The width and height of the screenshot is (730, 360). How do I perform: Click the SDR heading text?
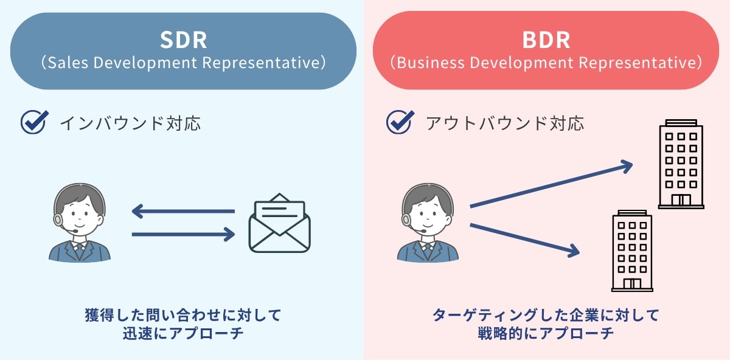pos(183,40)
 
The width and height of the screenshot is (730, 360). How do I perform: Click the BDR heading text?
pos(546,40)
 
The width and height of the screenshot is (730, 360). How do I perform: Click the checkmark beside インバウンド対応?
pos(33,122)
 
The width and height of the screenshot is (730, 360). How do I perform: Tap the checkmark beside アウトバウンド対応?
pos(399,122)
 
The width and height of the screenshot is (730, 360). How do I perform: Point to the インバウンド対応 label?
pos(130,123)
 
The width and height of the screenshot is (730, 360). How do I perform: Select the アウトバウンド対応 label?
pos(504,123)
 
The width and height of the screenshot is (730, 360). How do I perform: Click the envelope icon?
pos(279,223)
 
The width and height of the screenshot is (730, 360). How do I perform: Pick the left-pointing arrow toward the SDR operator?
pos(182,212)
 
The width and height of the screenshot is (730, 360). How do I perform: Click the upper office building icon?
pos(681,164)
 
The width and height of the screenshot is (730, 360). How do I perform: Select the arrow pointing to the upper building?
pos(551,185)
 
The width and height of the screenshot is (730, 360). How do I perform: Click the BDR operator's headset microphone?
pos(424,232)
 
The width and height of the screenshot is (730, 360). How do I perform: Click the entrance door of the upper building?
pos(681,199)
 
